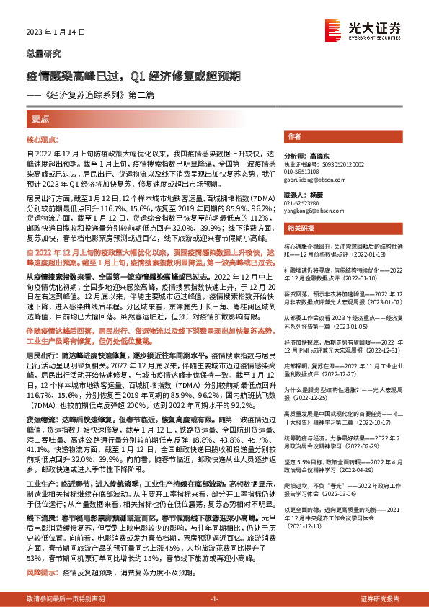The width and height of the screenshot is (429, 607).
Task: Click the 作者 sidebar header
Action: pos(294,136)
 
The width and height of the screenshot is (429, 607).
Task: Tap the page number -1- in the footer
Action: pos(213,599)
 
